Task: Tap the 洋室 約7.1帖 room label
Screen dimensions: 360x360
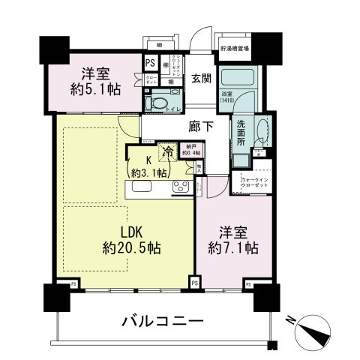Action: click(233, 238)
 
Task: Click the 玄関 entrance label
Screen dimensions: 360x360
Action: click(199, 79)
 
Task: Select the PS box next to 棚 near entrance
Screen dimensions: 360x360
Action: click(151, 64)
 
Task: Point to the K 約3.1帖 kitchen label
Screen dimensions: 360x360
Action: click(144, 164)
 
